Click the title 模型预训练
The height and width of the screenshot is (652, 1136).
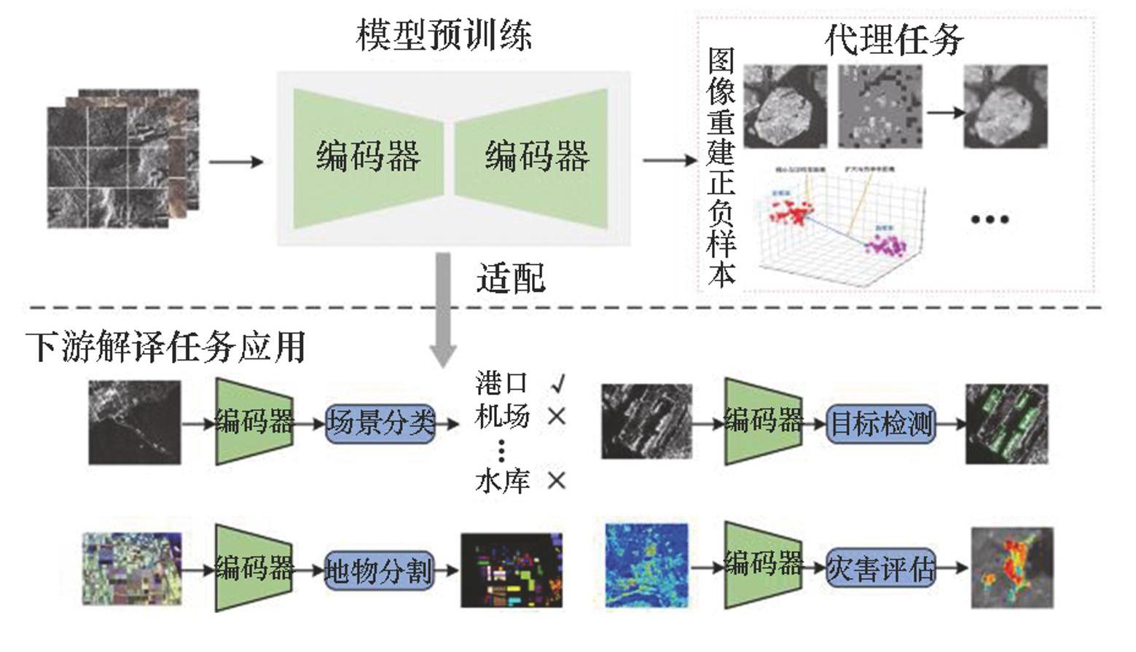(444, 35)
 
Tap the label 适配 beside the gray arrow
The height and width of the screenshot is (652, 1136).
(511, 278)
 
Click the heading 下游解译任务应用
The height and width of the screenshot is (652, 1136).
(166, 347)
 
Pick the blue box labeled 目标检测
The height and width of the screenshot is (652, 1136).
(881, 423)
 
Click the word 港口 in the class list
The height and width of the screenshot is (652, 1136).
(501, 382)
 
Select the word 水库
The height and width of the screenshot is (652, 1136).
(502, 482)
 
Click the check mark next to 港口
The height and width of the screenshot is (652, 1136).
(558, 382)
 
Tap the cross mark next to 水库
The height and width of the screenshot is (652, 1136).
(557, 481)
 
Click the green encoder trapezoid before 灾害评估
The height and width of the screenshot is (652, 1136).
(762, 565)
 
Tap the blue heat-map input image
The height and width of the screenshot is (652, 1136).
(646, 565)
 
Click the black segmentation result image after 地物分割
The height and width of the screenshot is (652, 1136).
(512, 570)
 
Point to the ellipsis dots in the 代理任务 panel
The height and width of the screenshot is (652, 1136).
(990, 219)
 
